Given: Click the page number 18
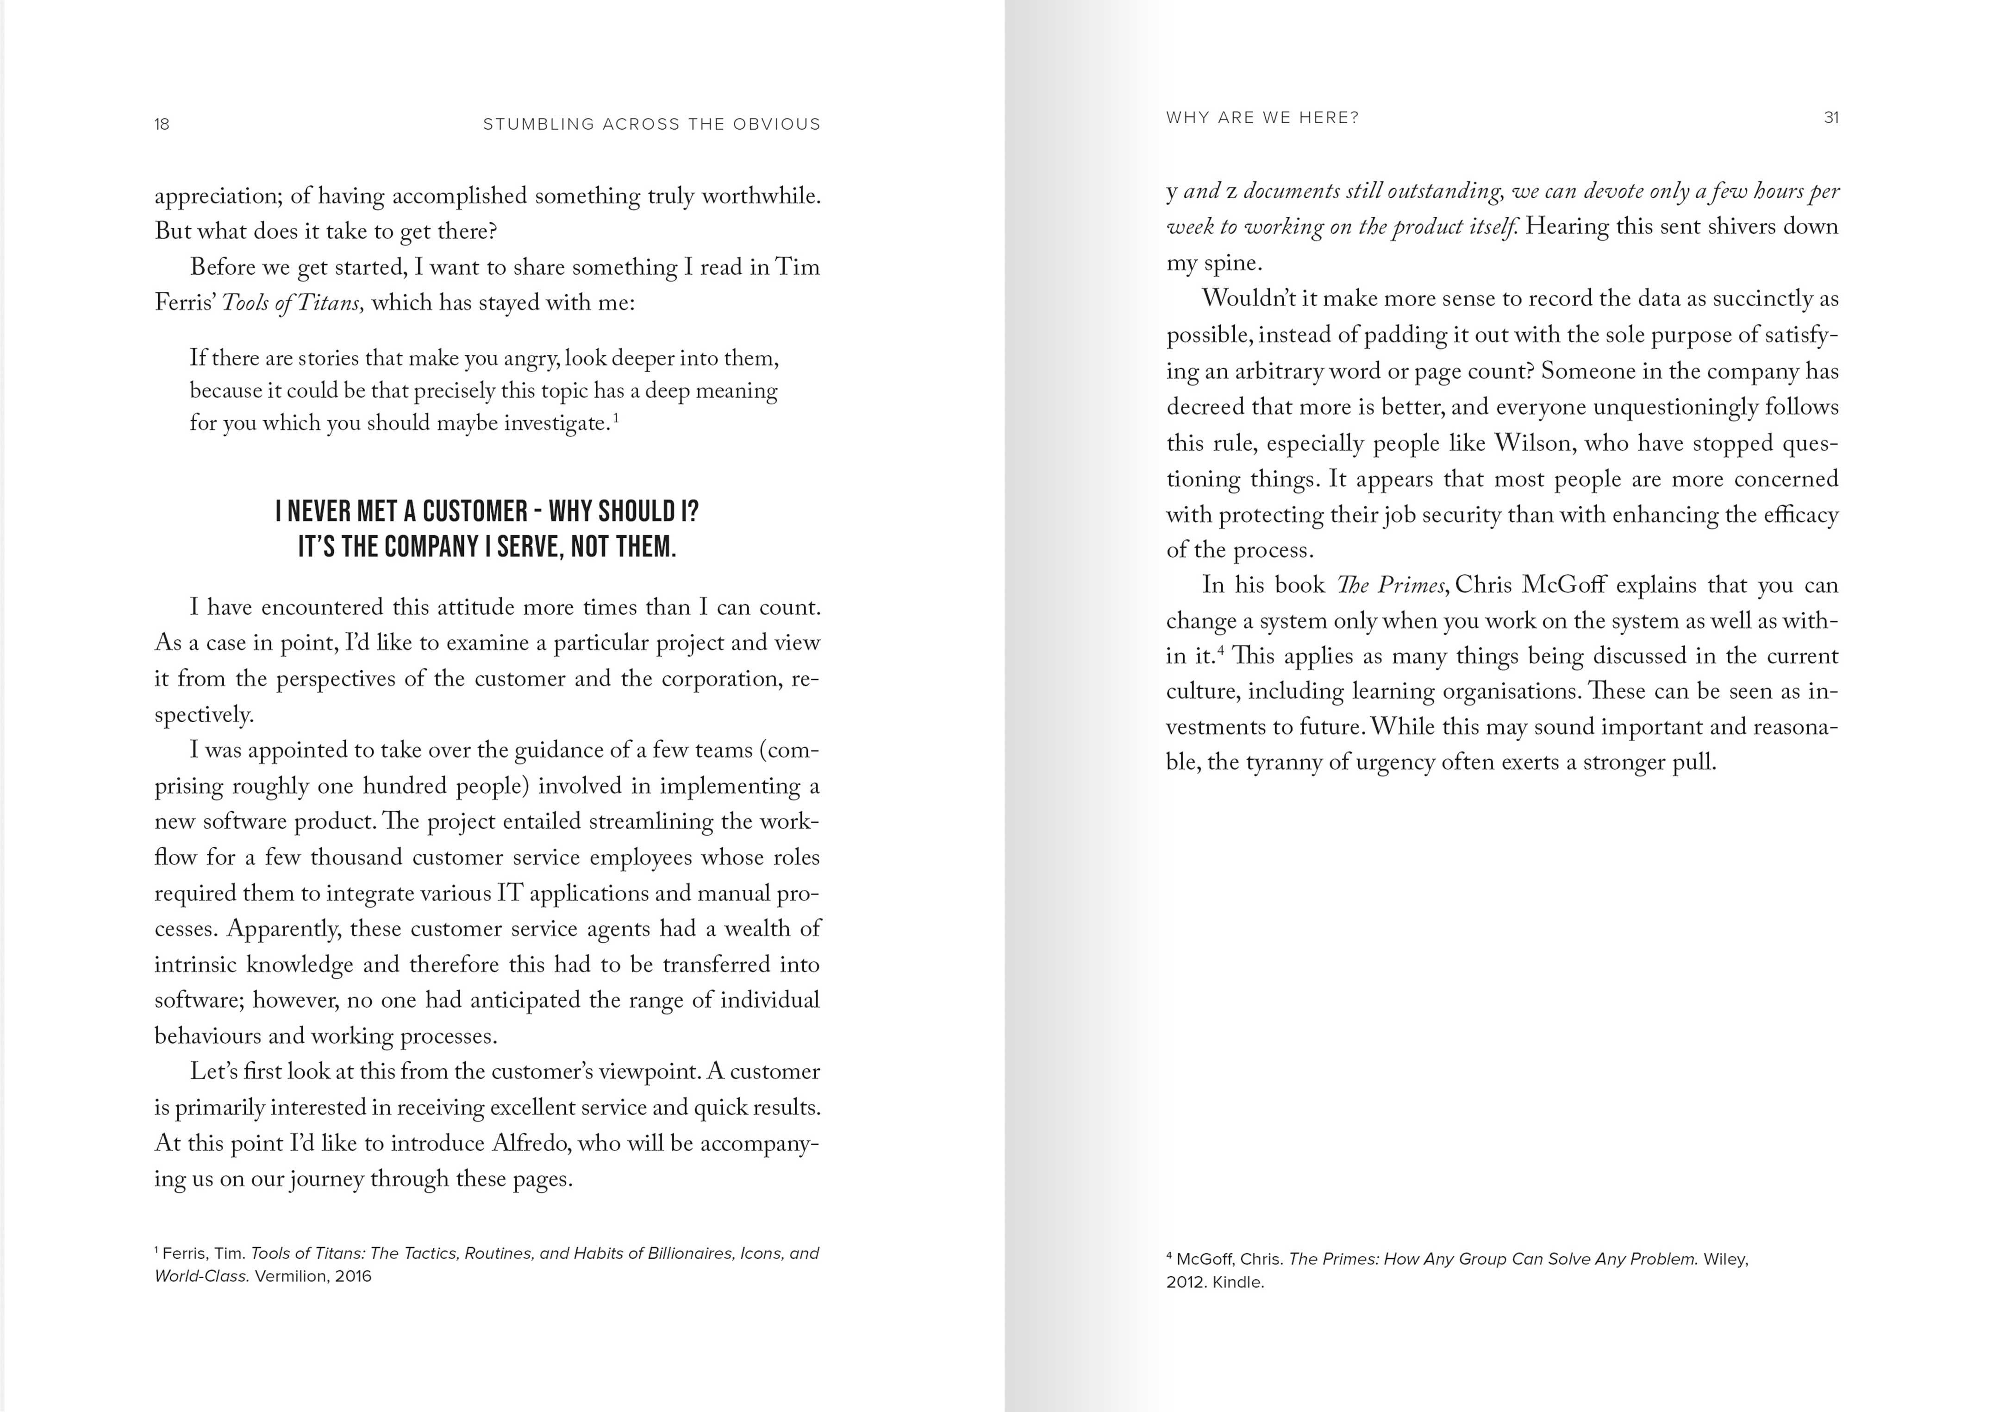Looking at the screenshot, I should coord(162,124).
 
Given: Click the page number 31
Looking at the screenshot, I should coord(1831,118).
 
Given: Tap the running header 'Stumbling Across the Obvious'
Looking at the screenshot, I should coord(651,124).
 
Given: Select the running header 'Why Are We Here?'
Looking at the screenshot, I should coord(1262,118).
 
